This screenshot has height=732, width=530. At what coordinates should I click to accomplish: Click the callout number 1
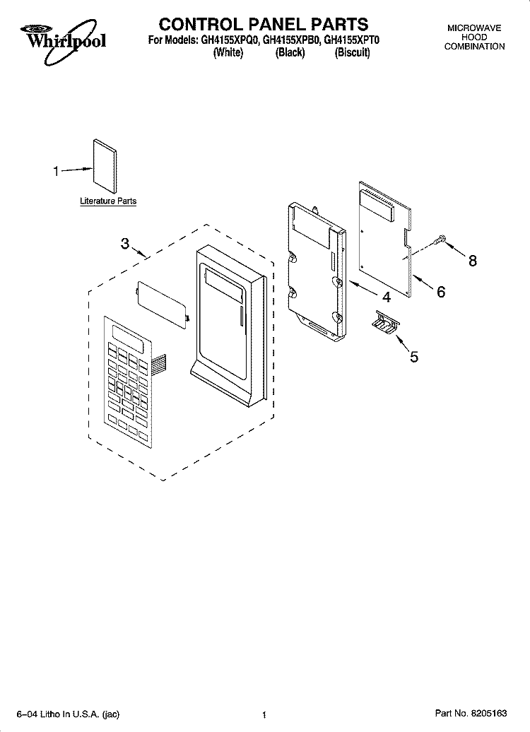tap(57, 170)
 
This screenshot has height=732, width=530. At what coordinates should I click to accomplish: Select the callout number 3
tap(124, 244)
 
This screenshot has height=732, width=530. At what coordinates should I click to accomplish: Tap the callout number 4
tap(387, 295)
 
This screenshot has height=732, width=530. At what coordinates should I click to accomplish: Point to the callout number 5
tap(413, 357)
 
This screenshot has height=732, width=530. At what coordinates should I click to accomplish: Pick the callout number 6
tap(441, 291)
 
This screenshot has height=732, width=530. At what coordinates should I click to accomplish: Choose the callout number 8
tap(472, 261)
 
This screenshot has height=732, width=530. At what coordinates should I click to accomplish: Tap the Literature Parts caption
tap(108, 201)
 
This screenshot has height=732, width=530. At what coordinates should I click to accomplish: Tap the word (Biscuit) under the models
tap(352, 54)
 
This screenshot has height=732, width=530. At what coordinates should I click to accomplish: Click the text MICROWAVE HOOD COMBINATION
tap(474, 37)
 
